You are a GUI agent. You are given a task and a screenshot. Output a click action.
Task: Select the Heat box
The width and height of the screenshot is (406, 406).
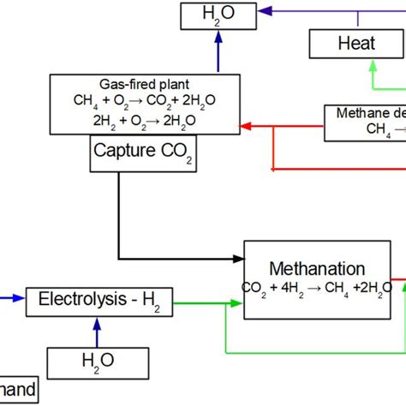pos(356,42)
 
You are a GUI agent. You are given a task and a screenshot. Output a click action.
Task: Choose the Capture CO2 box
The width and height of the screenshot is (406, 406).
pos(130,155)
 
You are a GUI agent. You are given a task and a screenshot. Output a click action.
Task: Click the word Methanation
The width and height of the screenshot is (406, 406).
pos(318,268)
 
